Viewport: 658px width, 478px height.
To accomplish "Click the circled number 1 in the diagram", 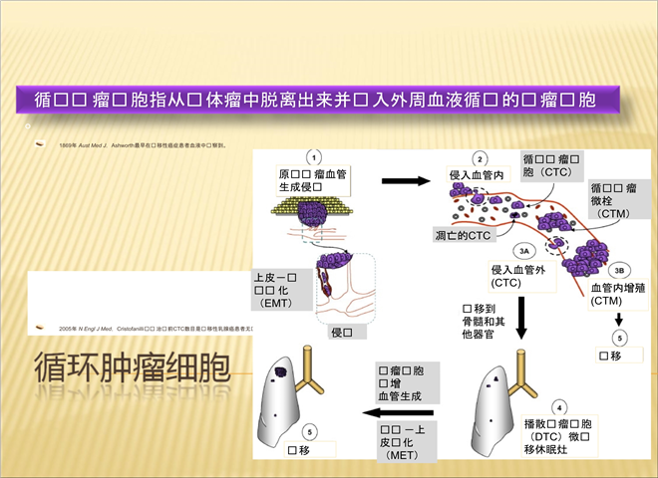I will click(x=314, y=157).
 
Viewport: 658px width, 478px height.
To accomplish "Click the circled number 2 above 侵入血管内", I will click(x=480, y=158).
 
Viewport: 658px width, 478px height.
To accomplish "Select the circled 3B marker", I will click(x=618, y=269).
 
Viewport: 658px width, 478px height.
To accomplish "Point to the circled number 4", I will click(x=560, y=406).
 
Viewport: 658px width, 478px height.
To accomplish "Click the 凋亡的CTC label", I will click(x=463, y=235).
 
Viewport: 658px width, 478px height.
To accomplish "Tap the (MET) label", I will click(x=407, y=454).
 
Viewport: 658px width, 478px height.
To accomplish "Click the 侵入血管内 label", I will click(x=479, y=175).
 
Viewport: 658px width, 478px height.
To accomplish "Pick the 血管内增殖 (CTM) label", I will click(x=618, y=294).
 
